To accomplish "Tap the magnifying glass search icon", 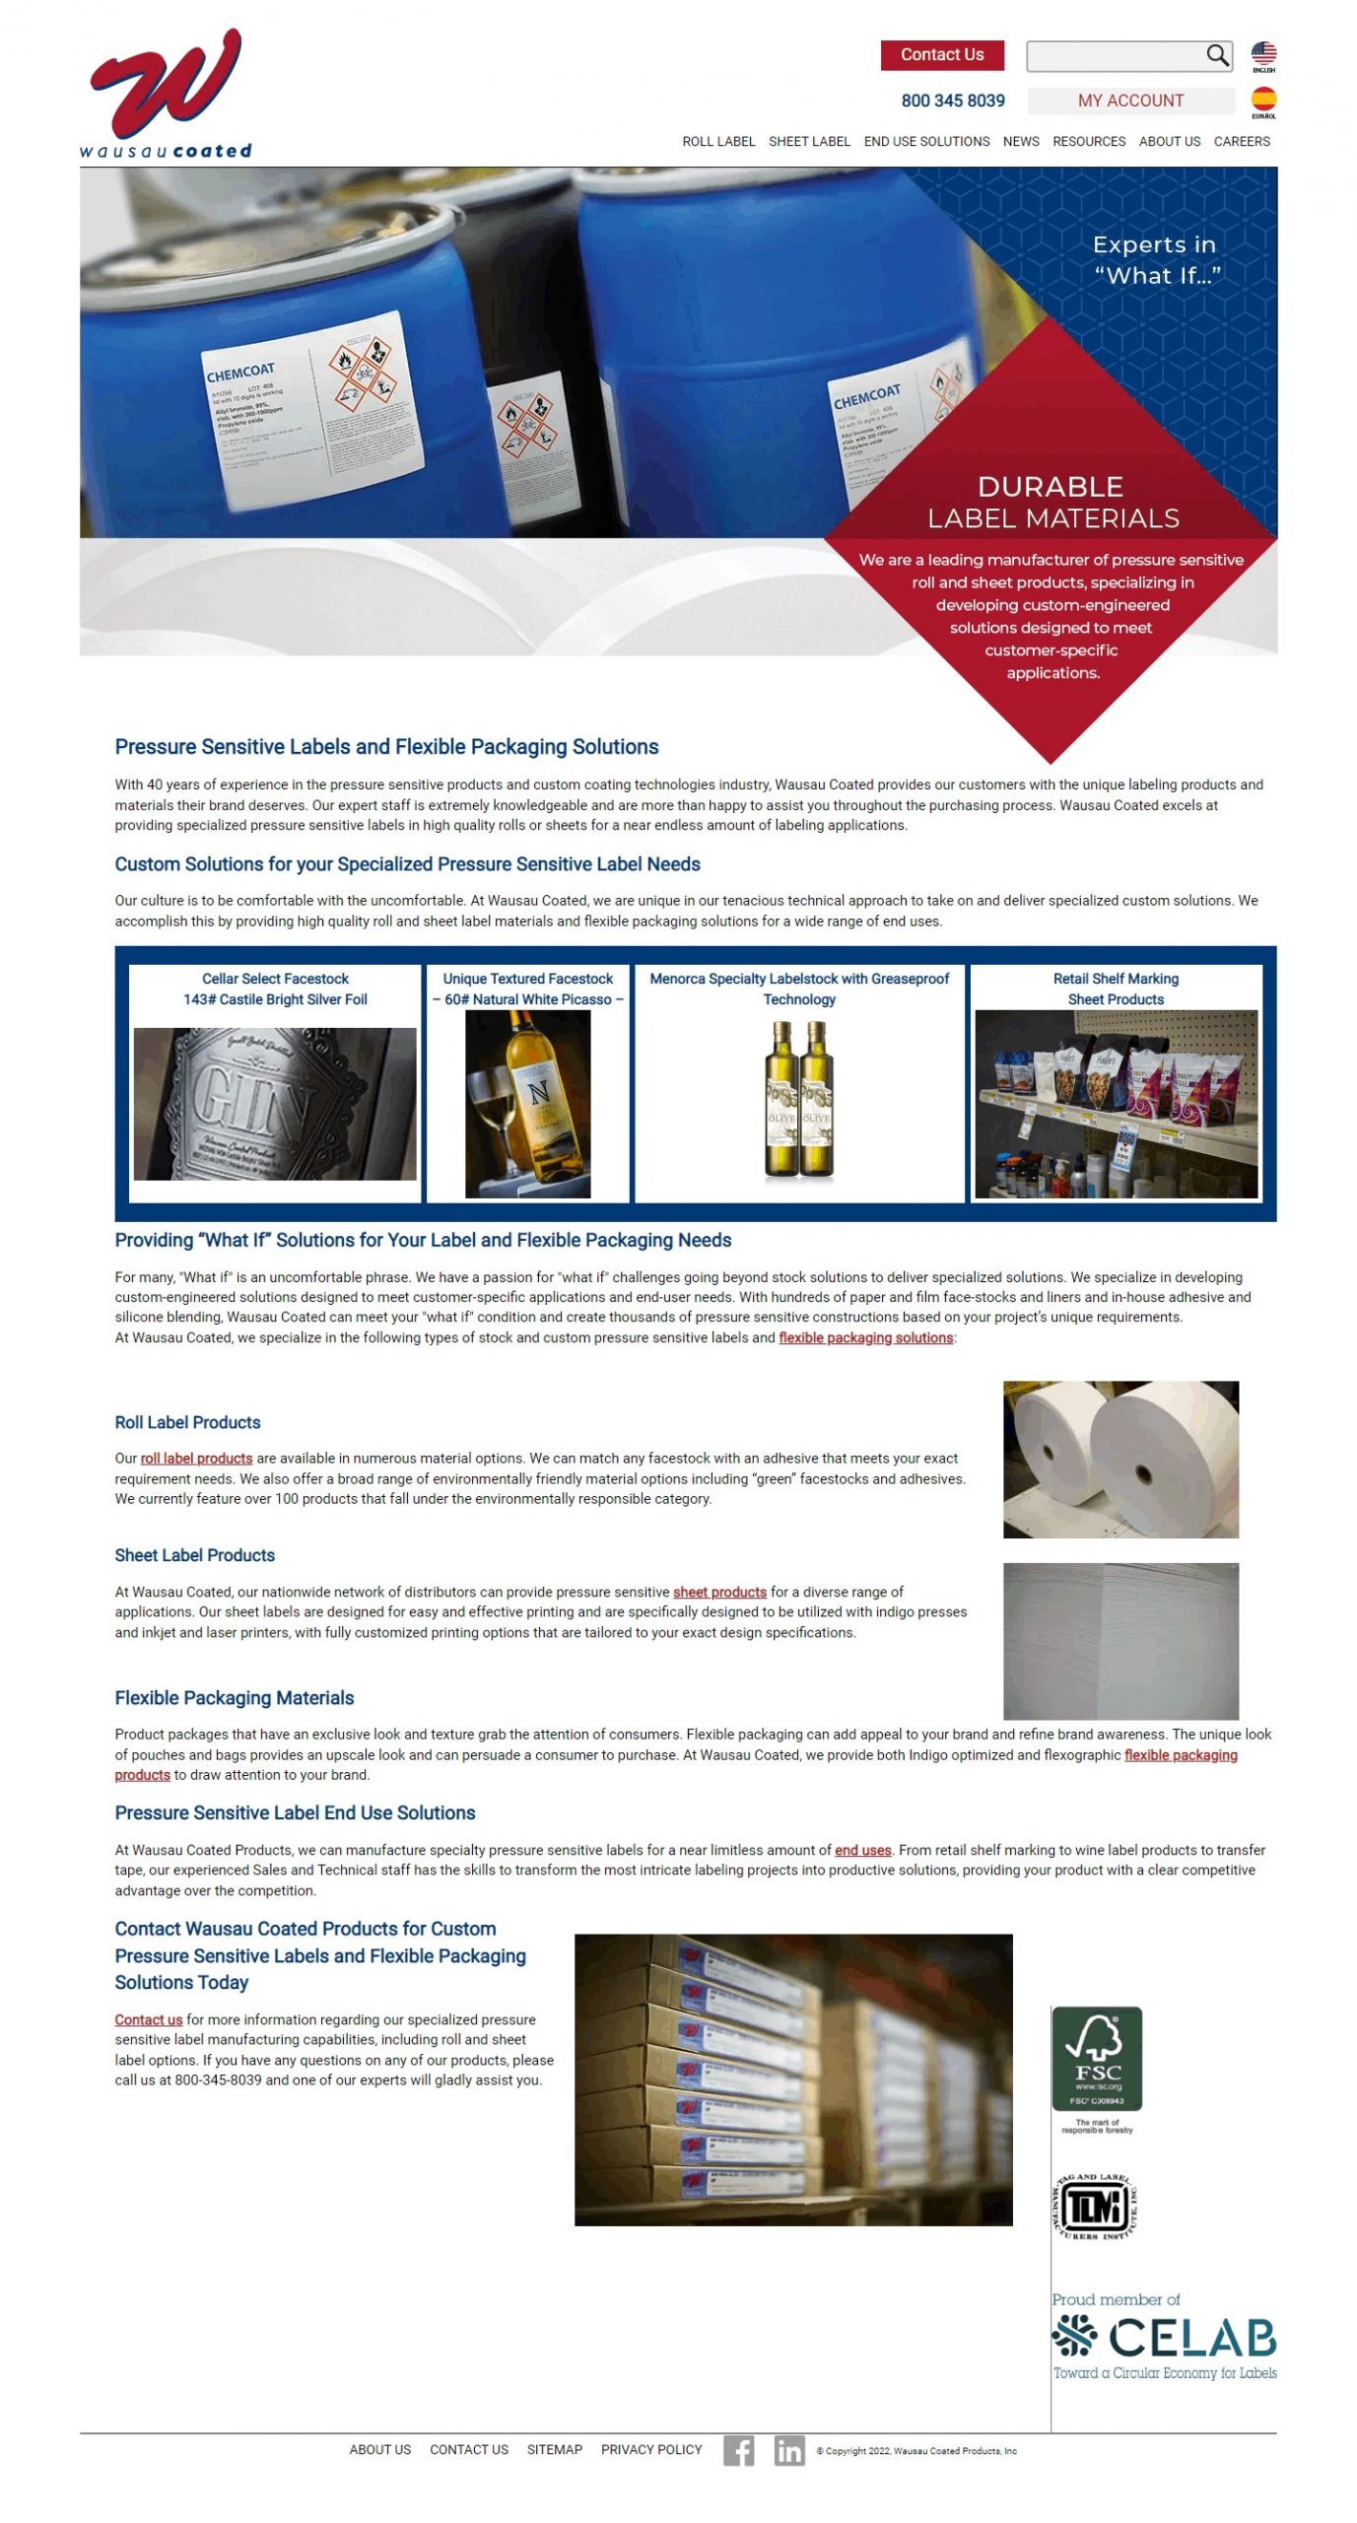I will tap(1216, 55).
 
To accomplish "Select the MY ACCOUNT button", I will tap(1129, 101).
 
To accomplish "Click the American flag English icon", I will tap(1262, 53).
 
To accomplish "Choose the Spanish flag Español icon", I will tap(1262, 100).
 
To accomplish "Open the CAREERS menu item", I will tap(1241, 142).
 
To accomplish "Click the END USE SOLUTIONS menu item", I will tap(925, 142).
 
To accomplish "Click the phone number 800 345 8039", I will tap(952, 101).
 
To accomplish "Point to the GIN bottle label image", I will tap(275, 1103).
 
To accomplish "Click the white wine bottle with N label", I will tap(527, 1103).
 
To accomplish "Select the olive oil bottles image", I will tap(798, 1098).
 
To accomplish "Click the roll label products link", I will tap(196, 1458).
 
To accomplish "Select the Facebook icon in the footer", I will tap(737, 2449).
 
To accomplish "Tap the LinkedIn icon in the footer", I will tap(787, 2449).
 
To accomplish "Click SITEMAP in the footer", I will tap(554, 2449).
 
